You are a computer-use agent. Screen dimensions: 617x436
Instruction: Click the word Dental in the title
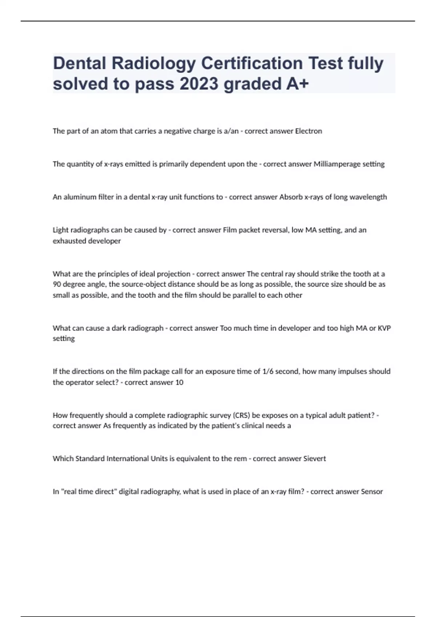point(80,63)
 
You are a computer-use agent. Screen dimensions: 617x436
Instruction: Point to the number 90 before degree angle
point(57,285)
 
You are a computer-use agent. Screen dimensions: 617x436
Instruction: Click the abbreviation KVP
point(384,328)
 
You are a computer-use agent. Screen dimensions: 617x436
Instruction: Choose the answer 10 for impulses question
point(179,383)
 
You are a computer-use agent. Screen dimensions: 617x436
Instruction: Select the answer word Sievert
point(315,459)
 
